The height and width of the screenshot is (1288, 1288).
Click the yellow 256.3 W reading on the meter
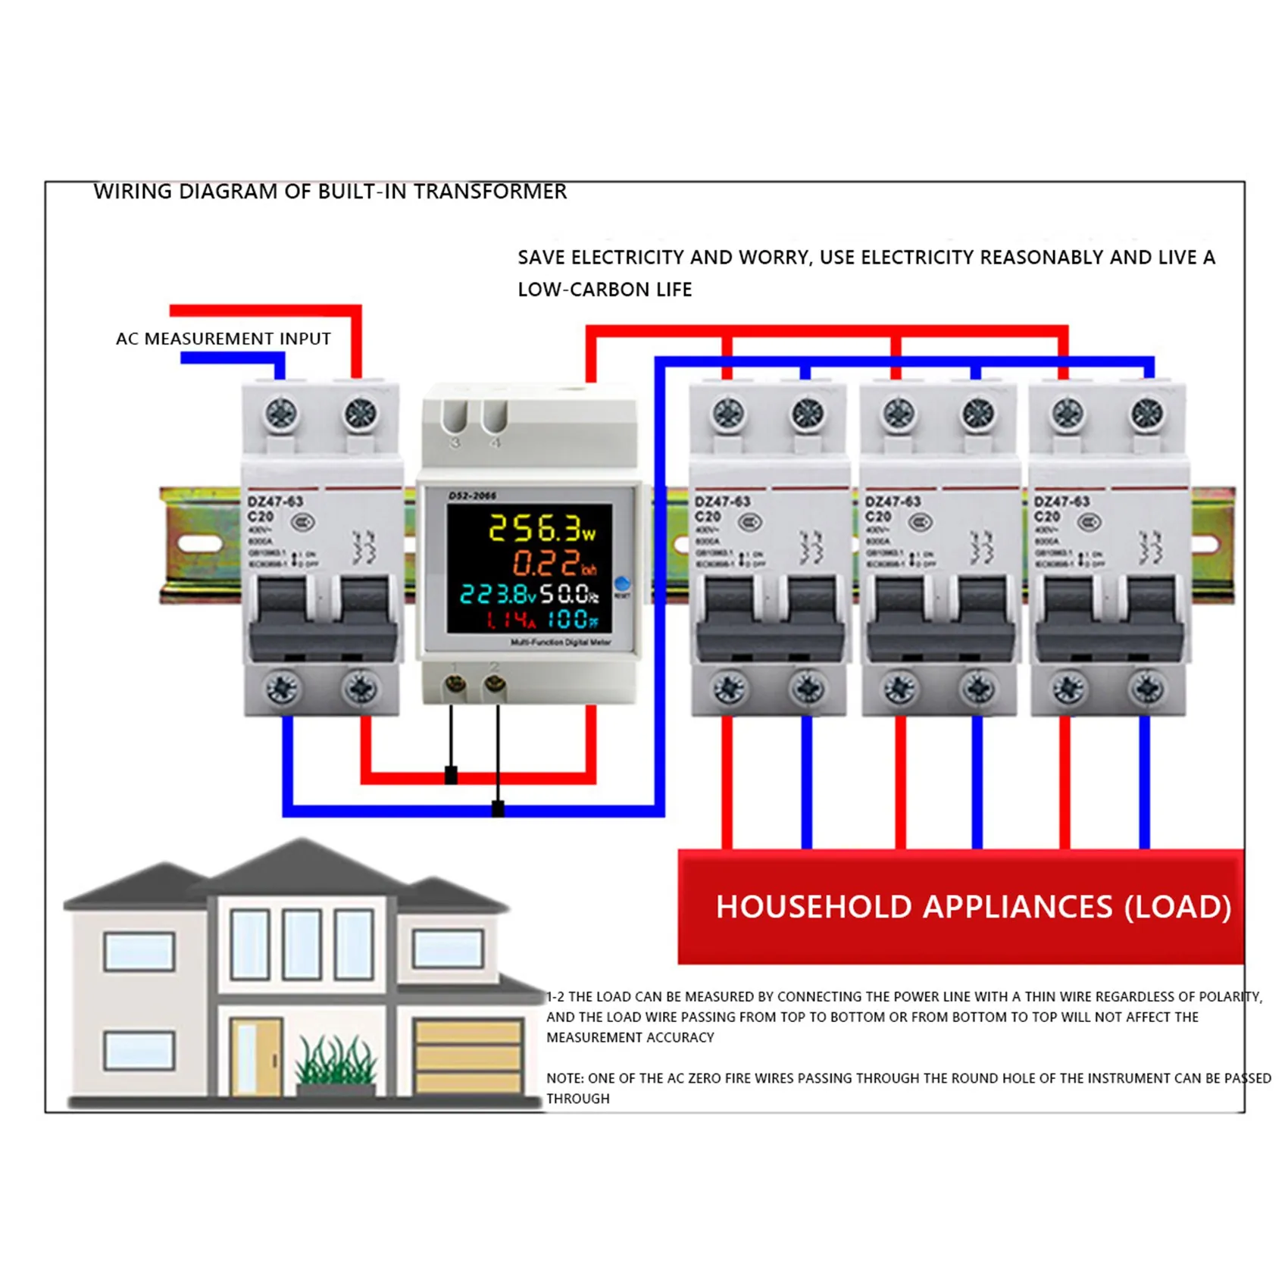[x=541, y=528]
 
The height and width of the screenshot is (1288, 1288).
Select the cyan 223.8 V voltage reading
[x=498, y=595]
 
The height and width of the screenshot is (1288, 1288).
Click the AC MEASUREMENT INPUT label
[x=223, y=339]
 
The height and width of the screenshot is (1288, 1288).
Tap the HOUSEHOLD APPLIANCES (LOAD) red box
[x=960, y=907]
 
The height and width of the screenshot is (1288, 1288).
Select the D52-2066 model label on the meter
[x=472, y=496]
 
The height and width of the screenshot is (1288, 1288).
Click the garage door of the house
[x=467, y=1055]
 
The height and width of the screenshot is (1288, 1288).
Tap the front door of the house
[x=255, y=1056]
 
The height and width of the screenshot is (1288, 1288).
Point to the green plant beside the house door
[x=335, y=1061]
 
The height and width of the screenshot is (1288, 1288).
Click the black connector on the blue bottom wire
[x=498, y=808]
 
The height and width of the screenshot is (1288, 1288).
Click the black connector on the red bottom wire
[x=451, y=775]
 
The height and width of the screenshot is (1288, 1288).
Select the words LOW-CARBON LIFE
[x=605, y=289]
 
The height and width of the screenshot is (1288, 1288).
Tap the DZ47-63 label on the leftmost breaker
[x=275, y=502]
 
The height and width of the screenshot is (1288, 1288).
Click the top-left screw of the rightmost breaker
[x=1068, y=414]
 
